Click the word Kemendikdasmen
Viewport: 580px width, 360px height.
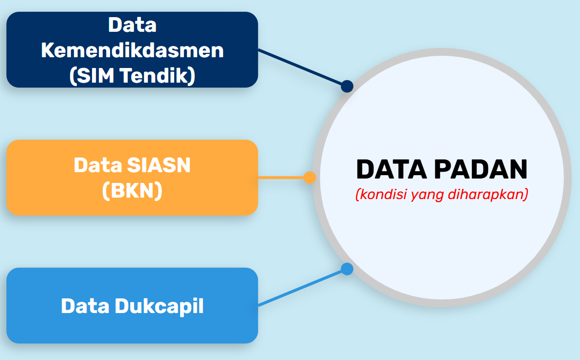[x=132, y=50]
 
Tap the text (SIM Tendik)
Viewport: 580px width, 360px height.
[x=132, y=76]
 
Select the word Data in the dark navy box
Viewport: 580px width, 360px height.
[x=132, y=25]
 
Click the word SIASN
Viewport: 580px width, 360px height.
[x=158, y=165]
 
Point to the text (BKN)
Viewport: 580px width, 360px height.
[x=132, y=191]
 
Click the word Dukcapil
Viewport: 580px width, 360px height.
[x=159, y=306]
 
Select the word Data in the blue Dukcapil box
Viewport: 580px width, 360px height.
[x=85, y=306]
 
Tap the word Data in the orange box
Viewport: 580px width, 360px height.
[x=98, y=165]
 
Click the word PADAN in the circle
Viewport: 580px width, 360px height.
[x=481, y=169]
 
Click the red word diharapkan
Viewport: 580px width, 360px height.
[x=488, y=194]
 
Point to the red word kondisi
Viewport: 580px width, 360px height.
[x=381, y=194]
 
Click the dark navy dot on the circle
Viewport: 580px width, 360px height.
[x=347, y=86]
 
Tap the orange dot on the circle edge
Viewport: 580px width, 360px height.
[x=310, y=178]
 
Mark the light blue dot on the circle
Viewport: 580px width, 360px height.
[x=347, y=269]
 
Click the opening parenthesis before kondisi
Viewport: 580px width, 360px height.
[x=357, y=194]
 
